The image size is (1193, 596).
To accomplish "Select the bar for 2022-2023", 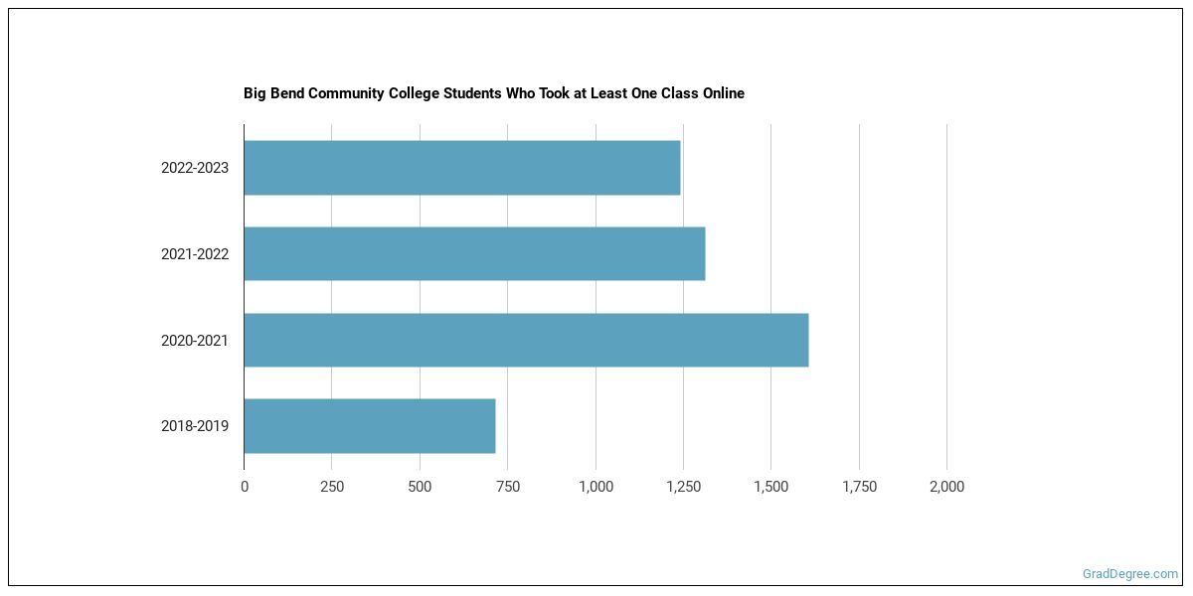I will tap(462, 168).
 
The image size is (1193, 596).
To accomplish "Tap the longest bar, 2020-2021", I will tap(526, 340).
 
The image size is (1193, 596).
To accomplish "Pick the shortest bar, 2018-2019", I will tap(370, 426).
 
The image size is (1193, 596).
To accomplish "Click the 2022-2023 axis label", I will tap(195, 168).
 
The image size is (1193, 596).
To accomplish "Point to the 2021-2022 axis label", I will tap(195, 254).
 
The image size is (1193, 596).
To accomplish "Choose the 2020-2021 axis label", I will tap(195, 340).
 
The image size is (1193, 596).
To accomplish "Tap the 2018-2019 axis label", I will tap(195, 426).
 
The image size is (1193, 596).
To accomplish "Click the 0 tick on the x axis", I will tap(245, 487).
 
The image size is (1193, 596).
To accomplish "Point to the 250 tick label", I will tap(332, 487).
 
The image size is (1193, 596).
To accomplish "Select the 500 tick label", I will tap(420, 487).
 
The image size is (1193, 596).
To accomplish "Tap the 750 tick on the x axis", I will tap(508, 487).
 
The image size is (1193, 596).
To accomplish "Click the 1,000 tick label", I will tap(596, 487).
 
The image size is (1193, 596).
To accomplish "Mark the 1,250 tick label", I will tap(683, 487).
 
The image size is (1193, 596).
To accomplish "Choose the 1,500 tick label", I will tap(770, 487).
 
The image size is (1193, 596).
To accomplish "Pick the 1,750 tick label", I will tap(859, 487).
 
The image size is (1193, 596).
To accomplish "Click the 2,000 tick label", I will tap(946, 487).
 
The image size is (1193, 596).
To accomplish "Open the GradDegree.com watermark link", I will tap(1129, 574).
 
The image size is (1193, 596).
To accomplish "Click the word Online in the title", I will tap(722, 93).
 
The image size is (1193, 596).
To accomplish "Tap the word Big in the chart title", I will tap(255, 93).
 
